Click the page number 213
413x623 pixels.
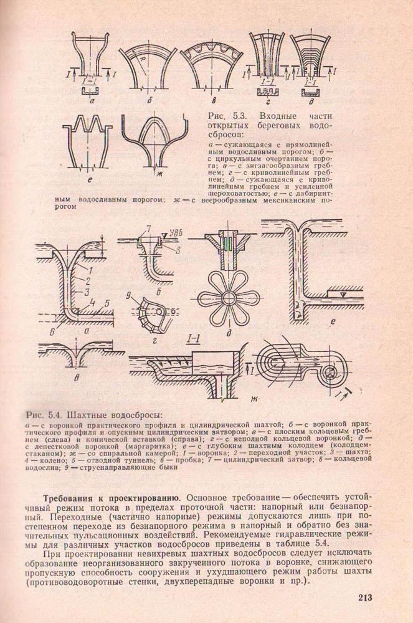364,599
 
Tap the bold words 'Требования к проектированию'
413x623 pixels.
110,498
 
